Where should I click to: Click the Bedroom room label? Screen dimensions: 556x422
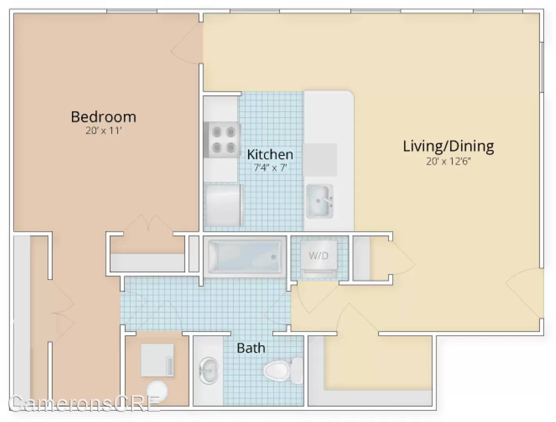[104, 117]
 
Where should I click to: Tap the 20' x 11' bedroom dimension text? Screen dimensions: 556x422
[104, 131]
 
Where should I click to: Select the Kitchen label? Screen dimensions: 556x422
[270, 154]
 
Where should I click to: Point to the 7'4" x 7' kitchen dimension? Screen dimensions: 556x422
[270, 167]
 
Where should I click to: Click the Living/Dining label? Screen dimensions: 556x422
[448, 147]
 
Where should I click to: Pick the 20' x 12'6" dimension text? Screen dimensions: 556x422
[448, 161]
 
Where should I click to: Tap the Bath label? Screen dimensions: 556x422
[251, 348]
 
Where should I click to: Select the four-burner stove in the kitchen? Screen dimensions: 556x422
[222, 139]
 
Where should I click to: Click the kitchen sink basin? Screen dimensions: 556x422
[319, 201]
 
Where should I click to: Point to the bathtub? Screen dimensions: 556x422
[245, 257]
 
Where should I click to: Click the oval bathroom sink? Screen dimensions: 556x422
[209, 371]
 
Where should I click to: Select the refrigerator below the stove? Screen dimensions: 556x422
[223, 206]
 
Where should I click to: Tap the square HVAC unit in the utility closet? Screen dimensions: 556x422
[157, 360]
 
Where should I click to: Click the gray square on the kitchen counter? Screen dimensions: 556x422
[320, 160]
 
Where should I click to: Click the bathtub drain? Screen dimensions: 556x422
[274, 257]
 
